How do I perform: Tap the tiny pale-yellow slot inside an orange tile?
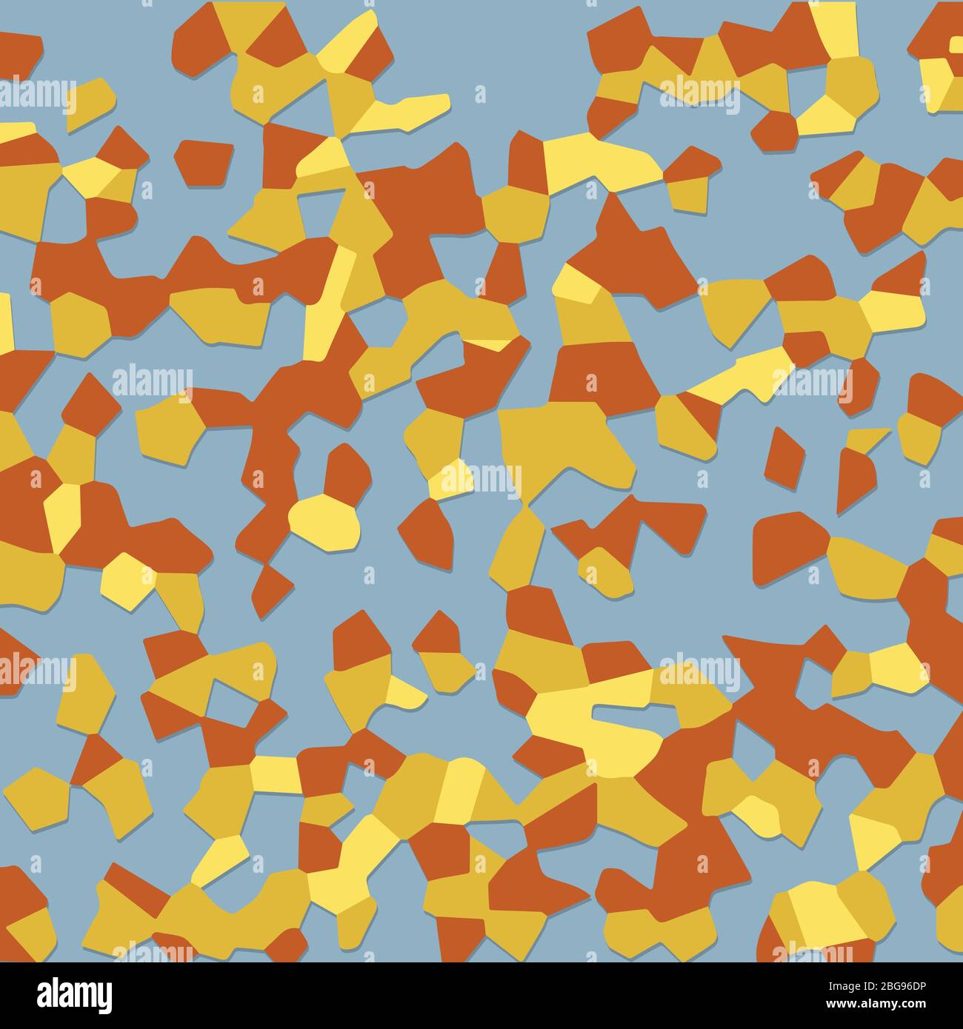pos(956,44)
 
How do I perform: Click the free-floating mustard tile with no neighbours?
pos(89,104)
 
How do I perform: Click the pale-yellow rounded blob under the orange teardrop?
pos(324,522)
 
